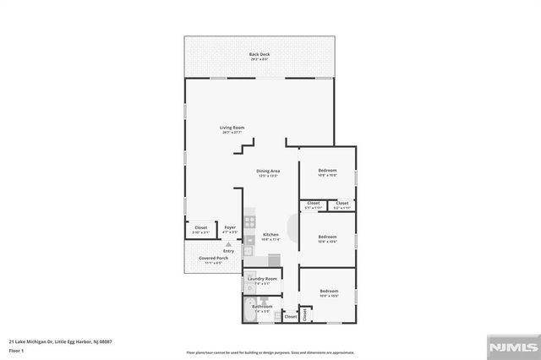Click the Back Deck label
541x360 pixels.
[x=260, y=55]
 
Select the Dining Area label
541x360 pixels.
[x=268, y=171]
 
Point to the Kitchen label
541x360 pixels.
[x=270, y=234]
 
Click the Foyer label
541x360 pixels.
[x=229, y=226]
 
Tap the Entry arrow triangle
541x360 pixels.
[x=227, y=243]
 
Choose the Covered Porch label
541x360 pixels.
[x=210, y=258]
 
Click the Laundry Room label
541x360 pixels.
[x=261, y=279]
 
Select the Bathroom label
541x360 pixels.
[x=262, y=306]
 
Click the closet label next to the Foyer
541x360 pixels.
[x=201, y=227]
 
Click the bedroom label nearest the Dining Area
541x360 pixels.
[x=328, y=172]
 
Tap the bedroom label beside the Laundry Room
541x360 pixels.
[x=328, y=292]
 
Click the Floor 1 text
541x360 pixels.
[x=16, y=349]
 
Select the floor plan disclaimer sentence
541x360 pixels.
[x=270, y=353]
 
